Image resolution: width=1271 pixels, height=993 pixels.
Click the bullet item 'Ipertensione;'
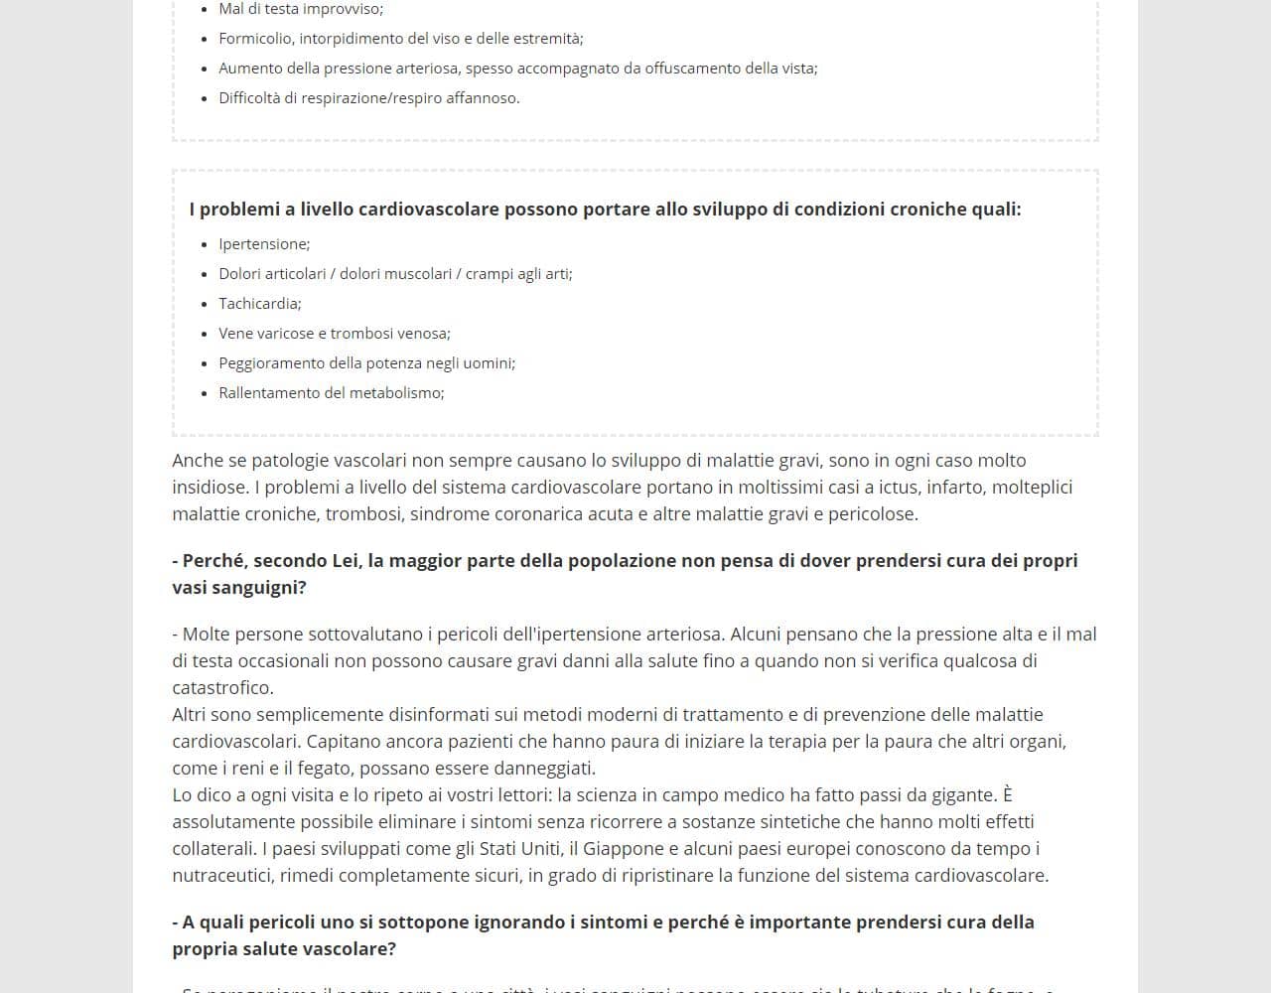point(264,244)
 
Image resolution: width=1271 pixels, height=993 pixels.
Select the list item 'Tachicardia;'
point(260,304)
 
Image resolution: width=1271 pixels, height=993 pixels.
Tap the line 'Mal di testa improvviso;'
point(301,9)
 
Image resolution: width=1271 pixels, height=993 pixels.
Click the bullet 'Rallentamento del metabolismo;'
point(332,393)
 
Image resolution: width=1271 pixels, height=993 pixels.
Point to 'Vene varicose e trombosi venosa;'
point(335,334)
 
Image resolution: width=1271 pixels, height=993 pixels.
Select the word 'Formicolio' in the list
point(254,39)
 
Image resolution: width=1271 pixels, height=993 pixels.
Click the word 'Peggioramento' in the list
point(271,363)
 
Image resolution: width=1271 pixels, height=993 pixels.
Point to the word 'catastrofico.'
point(222,688)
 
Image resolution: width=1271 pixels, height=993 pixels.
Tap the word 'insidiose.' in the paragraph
point(211,488)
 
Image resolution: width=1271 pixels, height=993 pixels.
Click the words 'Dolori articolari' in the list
point(273,274)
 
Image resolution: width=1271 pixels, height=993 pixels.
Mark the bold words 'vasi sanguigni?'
point(239,588)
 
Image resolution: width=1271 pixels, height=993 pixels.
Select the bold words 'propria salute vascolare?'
point(284,949)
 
